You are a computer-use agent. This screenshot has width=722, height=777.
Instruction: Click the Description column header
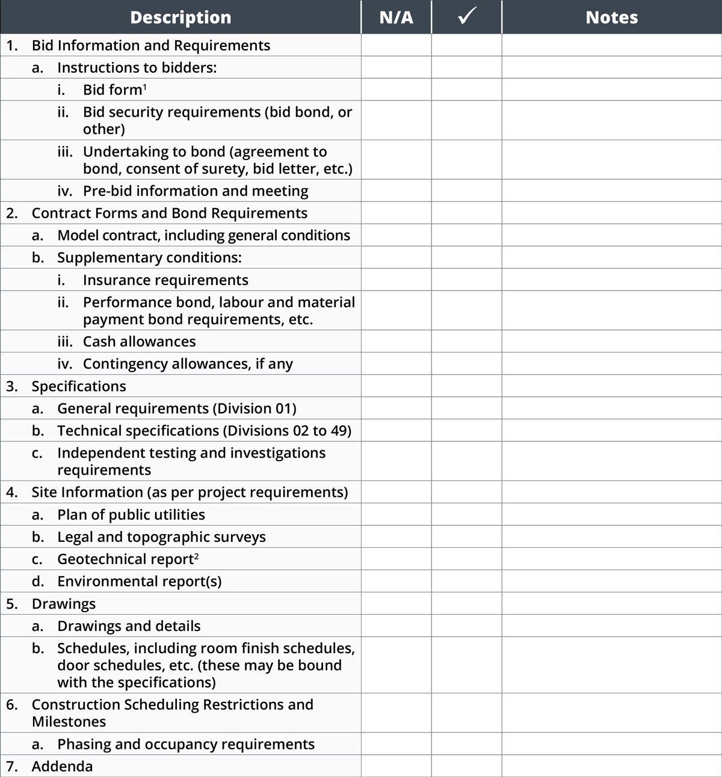click(180, 17)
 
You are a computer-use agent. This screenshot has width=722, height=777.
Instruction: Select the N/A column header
click(396, 17)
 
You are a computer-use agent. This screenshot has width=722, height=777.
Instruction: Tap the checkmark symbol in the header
click(466, 17)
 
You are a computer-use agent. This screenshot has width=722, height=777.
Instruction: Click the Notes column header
click(611, 17)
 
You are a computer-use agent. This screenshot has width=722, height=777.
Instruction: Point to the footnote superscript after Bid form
click(145, 87)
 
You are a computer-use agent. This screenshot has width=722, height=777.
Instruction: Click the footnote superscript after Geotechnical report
click(197, 556)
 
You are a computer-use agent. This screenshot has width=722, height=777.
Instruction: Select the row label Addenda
click(62, 766)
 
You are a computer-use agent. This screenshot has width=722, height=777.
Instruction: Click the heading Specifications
click(79, 386)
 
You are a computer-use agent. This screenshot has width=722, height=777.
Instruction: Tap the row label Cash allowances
click(139, 342)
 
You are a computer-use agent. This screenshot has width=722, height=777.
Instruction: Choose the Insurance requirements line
click(165, 280)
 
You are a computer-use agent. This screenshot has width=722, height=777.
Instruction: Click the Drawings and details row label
click(129, 626)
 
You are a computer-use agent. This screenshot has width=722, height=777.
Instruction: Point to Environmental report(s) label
click(139, 582)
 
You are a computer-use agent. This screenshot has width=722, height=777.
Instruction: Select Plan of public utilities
click(131, 515)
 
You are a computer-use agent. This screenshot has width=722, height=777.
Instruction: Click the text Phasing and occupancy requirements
click(186, 744)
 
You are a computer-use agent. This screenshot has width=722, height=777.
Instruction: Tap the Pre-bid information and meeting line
click(196, 191)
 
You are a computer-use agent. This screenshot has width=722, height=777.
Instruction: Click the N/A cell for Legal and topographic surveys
click(396, 537)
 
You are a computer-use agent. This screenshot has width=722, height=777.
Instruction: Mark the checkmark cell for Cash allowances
click(466, 342)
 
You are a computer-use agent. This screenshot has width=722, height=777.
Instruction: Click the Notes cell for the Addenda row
click(611, 766)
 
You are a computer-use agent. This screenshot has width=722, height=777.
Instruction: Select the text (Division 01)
click(255, 409)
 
